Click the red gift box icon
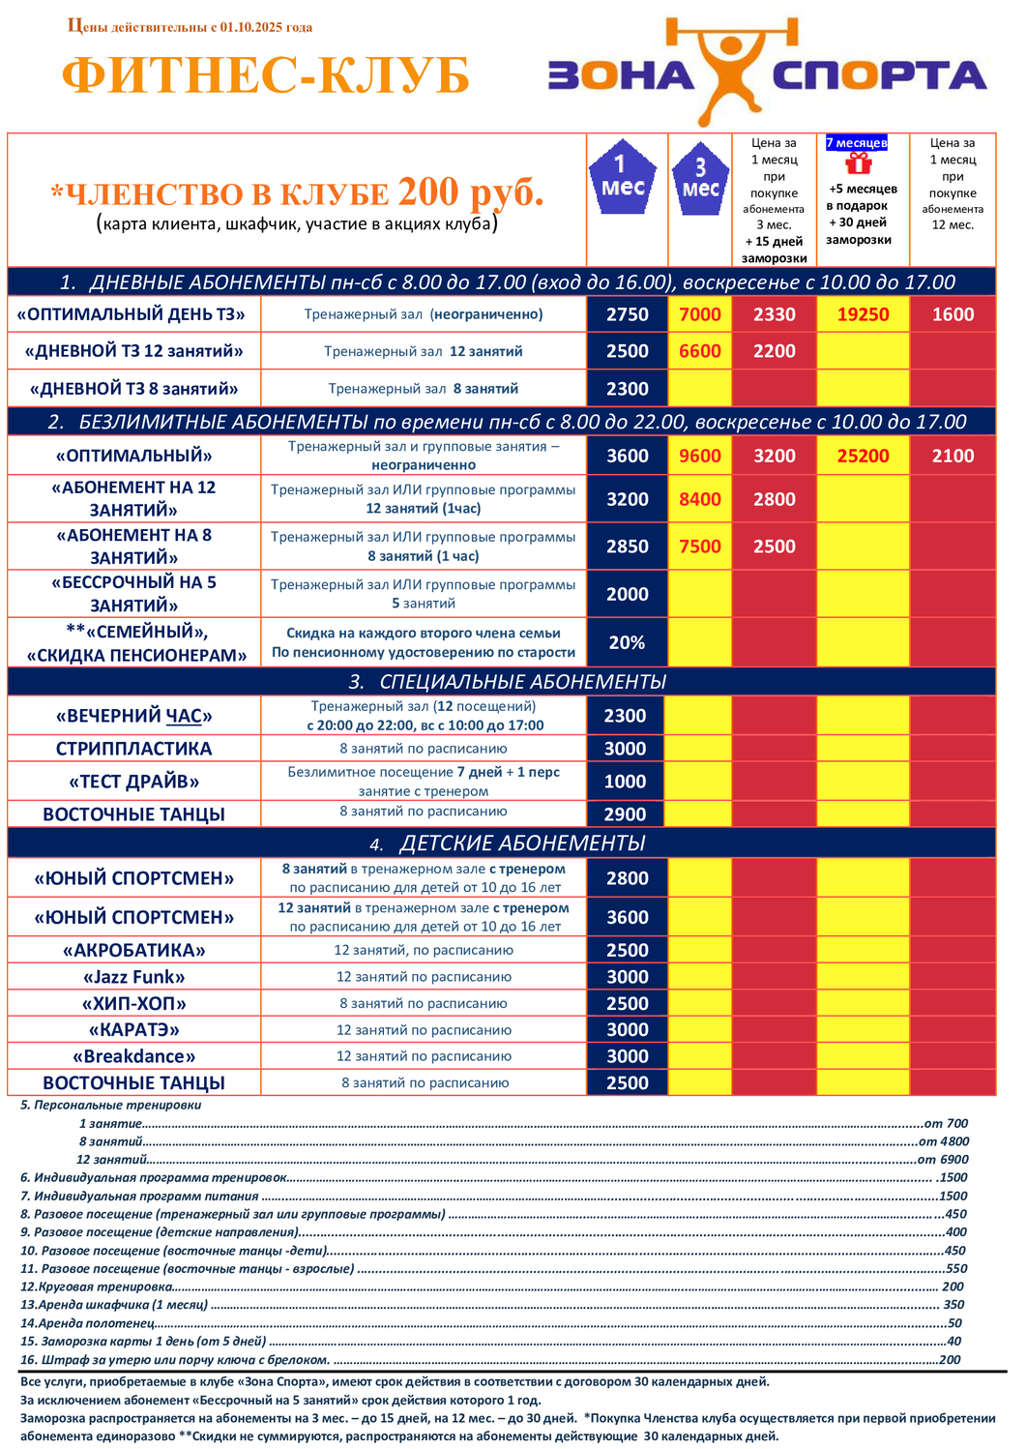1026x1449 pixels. click(x=859, y=164)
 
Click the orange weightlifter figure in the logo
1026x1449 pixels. click(x=732, y=68)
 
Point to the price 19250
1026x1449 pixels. click(x=863, y=314)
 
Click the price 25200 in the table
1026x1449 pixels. click(x=863, y=456)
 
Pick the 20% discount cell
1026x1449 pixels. click(x=627, y=643)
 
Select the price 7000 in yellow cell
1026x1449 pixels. click(x=700, y=314)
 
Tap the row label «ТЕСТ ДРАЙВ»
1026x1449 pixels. click(x=133, y=782)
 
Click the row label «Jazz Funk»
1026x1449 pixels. click(x=133, y=977)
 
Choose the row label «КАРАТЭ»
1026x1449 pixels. click(x=133, y=1030)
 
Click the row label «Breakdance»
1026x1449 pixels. click(x=133, y=1056)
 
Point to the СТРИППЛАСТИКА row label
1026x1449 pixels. click(x=133, y=749)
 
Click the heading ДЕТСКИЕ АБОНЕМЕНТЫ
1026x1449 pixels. click(x=522, y=843)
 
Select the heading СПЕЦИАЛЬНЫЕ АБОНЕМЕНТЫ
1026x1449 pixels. click(x=522, y=682)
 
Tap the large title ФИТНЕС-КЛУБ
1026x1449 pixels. click(x=266, y=76)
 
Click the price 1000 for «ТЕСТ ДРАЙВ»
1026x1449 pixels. click(x=626, y=782)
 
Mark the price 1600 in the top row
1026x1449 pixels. click(x=953, y=314)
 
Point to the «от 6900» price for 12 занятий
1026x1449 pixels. click(x=942, y=1160)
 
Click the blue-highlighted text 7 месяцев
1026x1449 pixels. click(x=857, y=143)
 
